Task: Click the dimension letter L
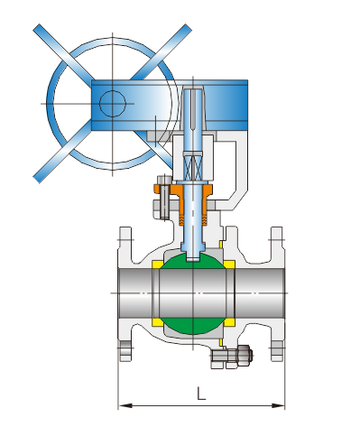click(x=201, y=394)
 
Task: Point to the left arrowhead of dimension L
click(x=125, y=405)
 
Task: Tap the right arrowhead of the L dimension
click(x=278, y=405)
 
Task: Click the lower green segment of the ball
click(x=192, y=326)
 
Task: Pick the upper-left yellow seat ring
click(x=156, y=265)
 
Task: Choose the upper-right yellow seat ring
click(x=229, y=265)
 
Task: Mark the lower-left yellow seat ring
click(x=156, y=322)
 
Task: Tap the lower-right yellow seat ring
click(x=229, y=322)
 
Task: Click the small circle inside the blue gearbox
click(x=112, y=104)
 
